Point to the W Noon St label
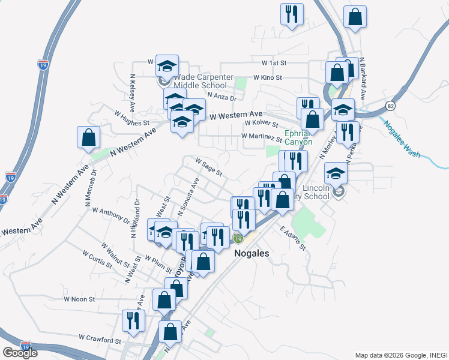click(x=80, y=299)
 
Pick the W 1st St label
click(x=275, y=62)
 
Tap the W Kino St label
click(x=267, y=78)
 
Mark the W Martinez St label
click(x=261, y=136)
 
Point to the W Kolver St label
click(x=262, y=124)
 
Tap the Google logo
click(x=20, y=353)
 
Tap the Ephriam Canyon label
click(x=298, y=138)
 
